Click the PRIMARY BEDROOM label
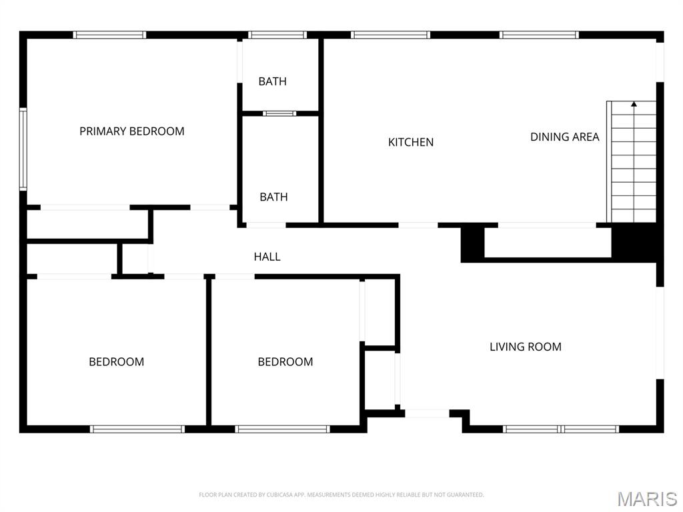click(131, 131)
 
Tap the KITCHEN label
click(411, 142)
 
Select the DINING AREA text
click(564, 137)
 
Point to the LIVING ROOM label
click(526, 347)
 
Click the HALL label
click(267, 257)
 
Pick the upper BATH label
click(272, 81)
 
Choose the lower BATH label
click(273, 197)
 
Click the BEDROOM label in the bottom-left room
click(116, 362)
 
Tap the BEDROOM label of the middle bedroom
click(285, 362)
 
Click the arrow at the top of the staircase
click(634, 104)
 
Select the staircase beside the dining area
click(633, 163)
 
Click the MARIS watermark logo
click(646, 499)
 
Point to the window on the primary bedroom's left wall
click(23, 149)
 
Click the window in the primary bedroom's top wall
click(109, 35)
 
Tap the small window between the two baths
click(279, 113)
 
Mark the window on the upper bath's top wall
click(277, 35)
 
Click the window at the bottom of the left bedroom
click(137, 429)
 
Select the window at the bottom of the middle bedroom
click(283, 429)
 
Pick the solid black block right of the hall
click(472, 244)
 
